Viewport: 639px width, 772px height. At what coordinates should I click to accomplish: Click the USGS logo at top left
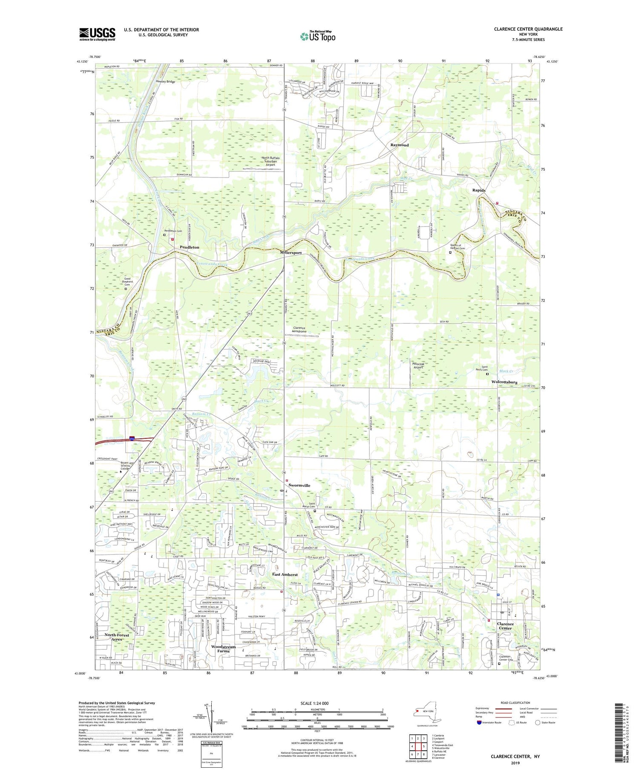tap(97, 34)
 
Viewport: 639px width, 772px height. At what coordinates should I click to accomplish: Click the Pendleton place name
tap(189, 247)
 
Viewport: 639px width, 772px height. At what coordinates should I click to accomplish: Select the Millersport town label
tap(291, 253)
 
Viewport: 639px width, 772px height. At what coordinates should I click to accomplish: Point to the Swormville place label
tap(299, 485)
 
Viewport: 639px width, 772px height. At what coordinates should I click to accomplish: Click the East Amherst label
tap(285, 574)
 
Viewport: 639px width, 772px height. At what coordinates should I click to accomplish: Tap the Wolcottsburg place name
tap(504, 382)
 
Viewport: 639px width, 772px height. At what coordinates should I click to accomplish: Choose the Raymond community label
tap(400, 145)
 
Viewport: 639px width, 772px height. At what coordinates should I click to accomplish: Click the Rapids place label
tap(478, 190)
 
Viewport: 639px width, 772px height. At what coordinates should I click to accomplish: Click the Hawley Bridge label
tap(165, 82)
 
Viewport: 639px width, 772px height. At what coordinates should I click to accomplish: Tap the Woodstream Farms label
tap(223, 649)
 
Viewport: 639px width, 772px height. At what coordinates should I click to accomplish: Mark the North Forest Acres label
tap(117, 637)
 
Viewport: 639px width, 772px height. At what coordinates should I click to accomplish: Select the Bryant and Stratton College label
tap(127, 465)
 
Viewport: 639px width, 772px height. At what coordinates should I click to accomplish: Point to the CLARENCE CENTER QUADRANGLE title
tap(522, 29)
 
